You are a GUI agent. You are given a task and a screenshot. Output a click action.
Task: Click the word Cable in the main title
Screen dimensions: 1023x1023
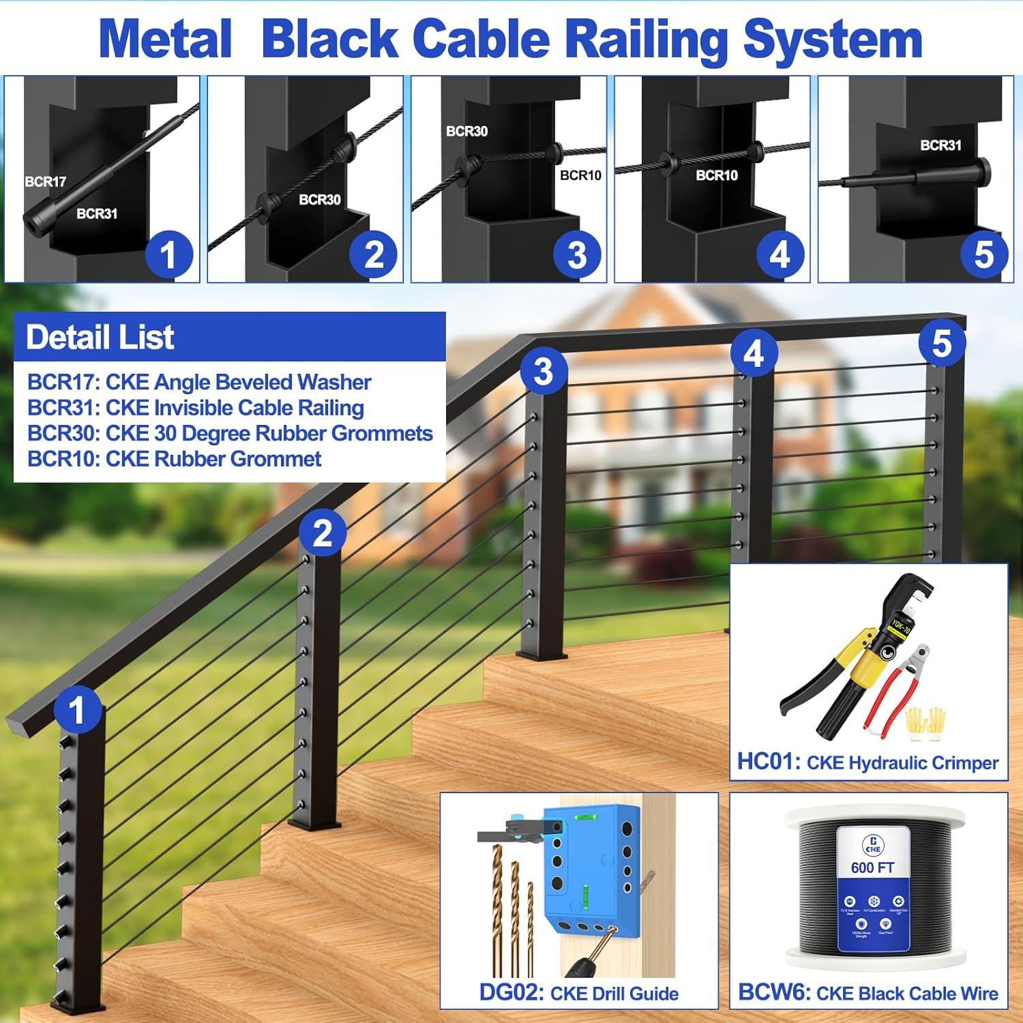tap(480, 40)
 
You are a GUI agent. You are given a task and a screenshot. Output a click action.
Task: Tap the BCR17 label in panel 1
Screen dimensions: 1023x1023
tap(46, 181)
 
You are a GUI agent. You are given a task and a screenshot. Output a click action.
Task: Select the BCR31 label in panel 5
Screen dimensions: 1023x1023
tap(940, 145)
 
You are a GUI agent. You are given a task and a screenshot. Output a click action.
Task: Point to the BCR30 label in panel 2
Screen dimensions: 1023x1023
tap(319, 199)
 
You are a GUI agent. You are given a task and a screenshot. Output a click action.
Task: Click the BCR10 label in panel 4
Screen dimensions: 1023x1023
tap(716, 175)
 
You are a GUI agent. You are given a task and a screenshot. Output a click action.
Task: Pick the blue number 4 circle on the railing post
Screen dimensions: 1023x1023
tap(753, 354)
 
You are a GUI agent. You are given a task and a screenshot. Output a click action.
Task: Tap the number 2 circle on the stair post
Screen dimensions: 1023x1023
tap(322, 533)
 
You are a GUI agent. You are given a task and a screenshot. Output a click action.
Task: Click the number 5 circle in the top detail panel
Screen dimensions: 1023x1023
tap(983, 255)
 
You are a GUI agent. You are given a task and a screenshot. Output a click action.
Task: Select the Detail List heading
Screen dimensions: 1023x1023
tap(100, 337)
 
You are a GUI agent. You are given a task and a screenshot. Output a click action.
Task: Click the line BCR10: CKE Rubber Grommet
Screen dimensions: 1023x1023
tap(174, 459)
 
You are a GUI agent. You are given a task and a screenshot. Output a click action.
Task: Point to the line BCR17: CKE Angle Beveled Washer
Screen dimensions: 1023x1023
tap(199, 382)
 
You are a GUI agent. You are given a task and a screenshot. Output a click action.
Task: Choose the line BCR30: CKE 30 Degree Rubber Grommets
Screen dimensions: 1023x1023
tap(230, 433)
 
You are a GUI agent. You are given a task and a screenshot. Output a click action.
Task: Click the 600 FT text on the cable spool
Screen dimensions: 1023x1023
tap(872, 868)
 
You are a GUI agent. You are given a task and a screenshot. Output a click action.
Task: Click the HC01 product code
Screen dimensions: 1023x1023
tap(769, 761)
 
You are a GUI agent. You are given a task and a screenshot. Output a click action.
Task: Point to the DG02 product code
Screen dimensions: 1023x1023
tap(511, 992)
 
